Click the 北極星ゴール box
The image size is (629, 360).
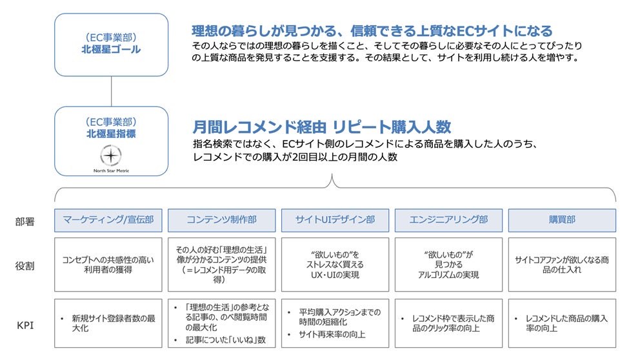(111, 45)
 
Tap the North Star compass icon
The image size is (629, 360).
(111, 156)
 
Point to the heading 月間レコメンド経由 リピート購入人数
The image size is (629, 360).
(321, 126)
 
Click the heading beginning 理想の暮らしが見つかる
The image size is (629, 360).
(372, 30)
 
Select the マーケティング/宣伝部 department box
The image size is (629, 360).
(108, 220)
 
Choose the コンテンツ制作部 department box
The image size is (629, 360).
(221, 220)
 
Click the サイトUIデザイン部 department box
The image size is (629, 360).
(335, 220)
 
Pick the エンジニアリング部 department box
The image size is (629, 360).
(448, 220)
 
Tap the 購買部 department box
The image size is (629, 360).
(562, 220)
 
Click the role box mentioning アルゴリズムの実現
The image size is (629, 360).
(448, 264)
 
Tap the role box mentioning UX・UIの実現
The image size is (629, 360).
(335, 264)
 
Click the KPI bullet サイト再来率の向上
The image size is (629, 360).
(332, 334)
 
